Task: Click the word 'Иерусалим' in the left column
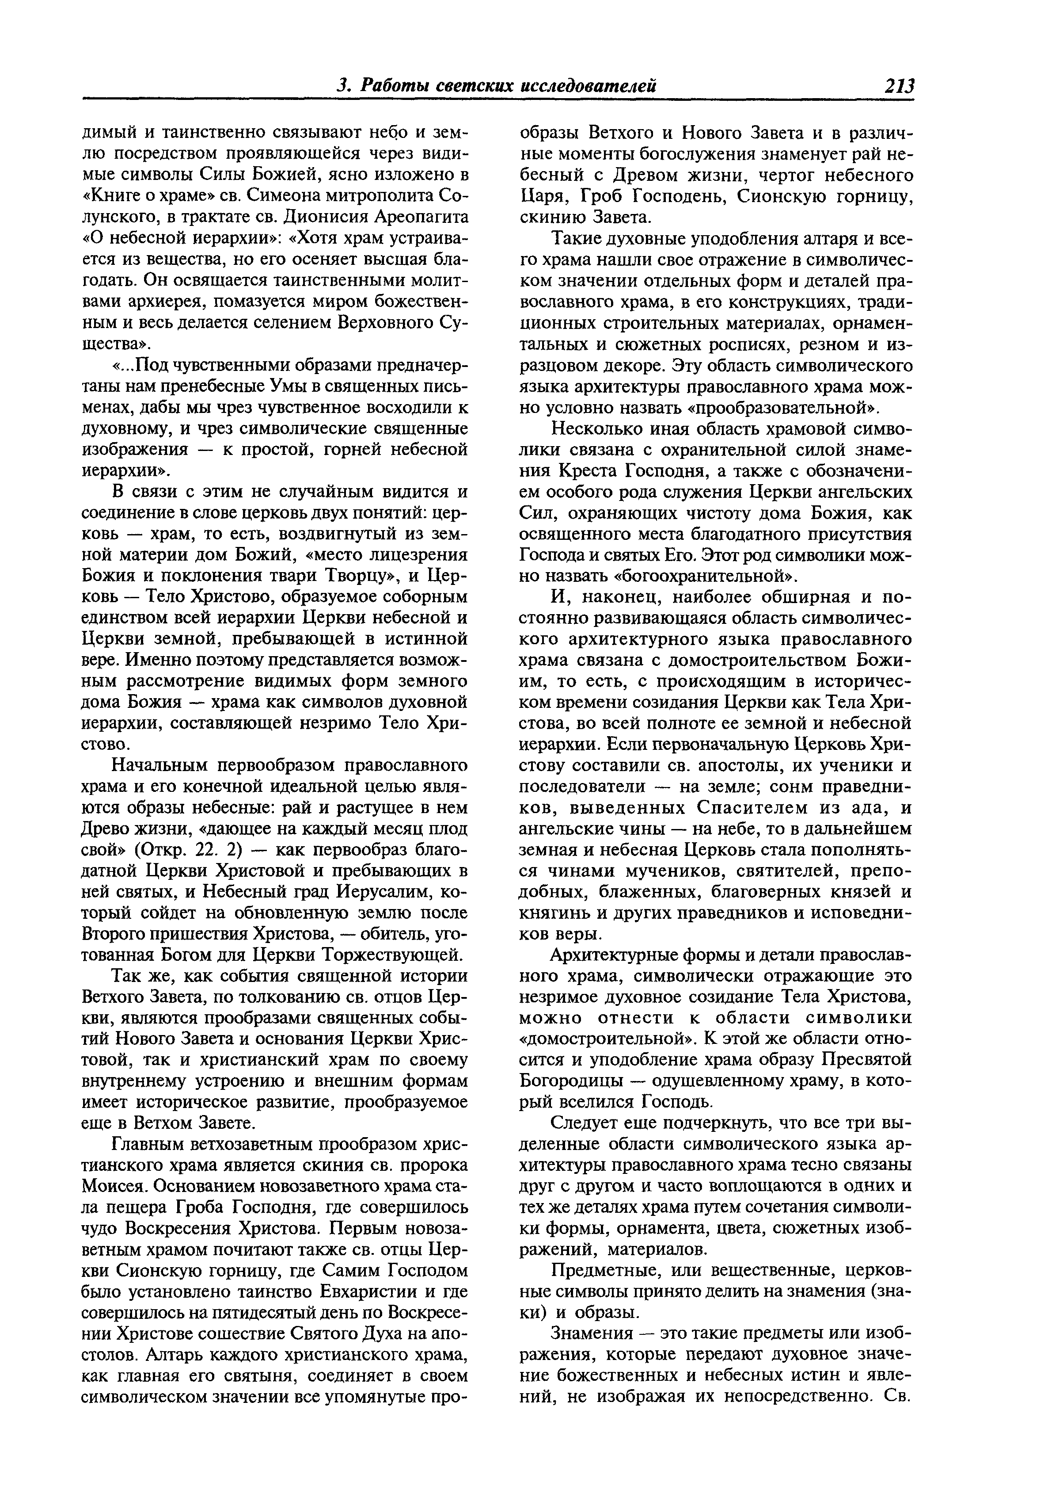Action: tap(383, 891)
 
